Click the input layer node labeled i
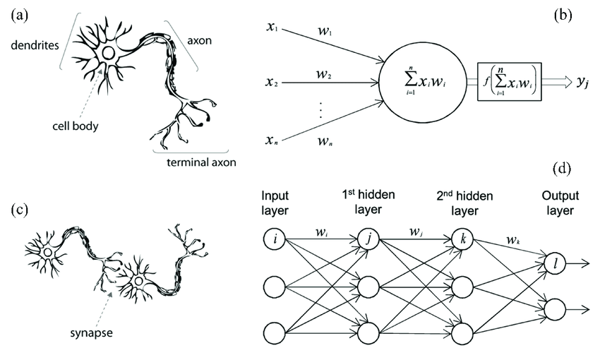coord(275,240)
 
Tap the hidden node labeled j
coord(368,240)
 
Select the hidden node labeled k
coord(462,240)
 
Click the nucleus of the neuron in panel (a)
coord(108,53)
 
